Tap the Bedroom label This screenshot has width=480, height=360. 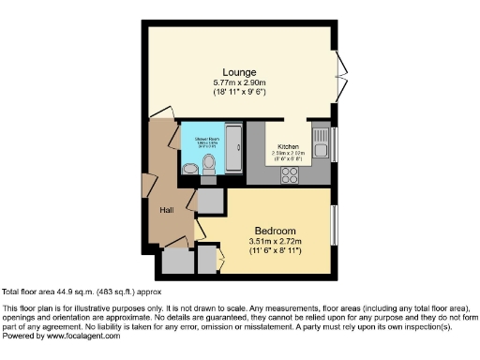(275, 232)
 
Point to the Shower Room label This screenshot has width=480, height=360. (207, 141)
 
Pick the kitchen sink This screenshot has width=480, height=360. (322, 148)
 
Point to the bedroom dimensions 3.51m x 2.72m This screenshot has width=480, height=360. (275, 243)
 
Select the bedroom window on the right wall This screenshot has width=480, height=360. (336, 226)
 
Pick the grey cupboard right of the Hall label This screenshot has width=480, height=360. (208, 200)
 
